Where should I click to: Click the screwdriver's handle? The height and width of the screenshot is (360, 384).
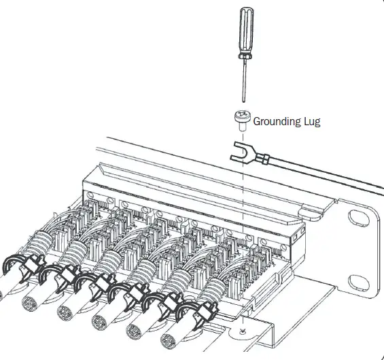[245, 31]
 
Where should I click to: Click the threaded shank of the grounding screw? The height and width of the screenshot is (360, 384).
[243, 127]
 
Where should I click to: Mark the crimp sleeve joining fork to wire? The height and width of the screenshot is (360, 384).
[265, 161]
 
